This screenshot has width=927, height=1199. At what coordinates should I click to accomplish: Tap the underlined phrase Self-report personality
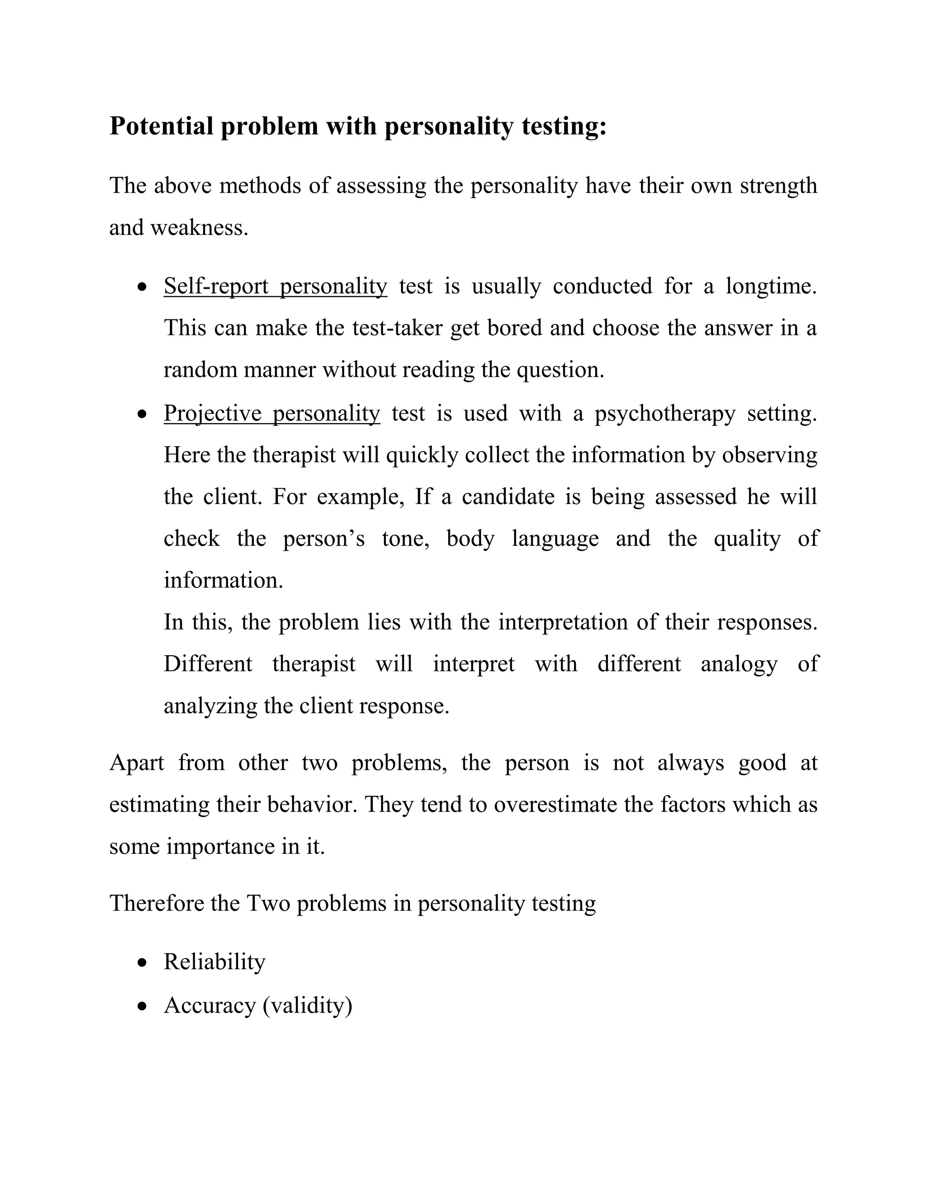275,286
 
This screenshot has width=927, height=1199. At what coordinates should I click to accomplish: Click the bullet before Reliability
143,962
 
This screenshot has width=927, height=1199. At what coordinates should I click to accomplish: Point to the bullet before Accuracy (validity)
143,1006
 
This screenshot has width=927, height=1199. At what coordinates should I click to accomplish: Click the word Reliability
214,962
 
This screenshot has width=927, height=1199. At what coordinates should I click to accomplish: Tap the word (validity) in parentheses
307,1005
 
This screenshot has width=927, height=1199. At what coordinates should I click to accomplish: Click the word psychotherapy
664,414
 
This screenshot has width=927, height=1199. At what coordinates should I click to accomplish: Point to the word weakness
199,227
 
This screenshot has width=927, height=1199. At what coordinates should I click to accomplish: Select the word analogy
739,664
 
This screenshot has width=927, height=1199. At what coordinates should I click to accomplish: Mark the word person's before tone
324,538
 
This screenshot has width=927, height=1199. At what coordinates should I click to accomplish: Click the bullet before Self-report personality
143,286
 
